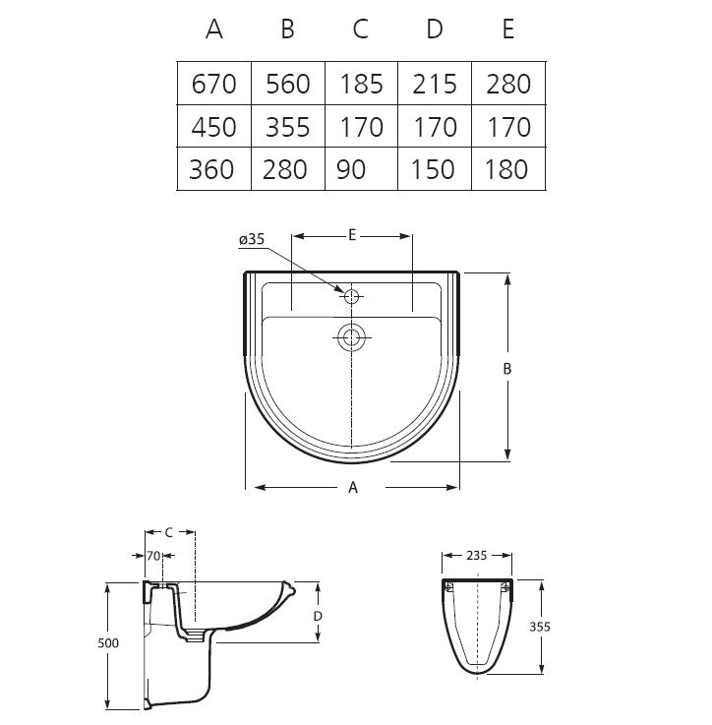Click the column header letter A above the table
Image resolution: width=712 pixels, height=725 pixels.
[x=214, y=30]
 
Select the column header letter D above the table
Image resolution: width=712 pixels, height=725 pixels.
[x=434, y=30]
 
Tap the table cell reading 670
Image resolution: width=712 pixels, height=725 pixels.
[x=214, y=84]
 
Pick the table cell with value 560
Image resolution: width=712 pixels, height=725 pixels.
[x=287, y=84]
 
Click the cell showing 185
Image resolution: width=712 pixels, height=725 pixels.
[x=362, y=84]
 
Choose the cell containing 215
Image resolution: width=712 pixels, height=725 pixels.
[x=435, y=84]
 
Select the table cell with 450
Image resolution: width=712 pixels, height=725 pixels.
[x=214, y=127]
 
